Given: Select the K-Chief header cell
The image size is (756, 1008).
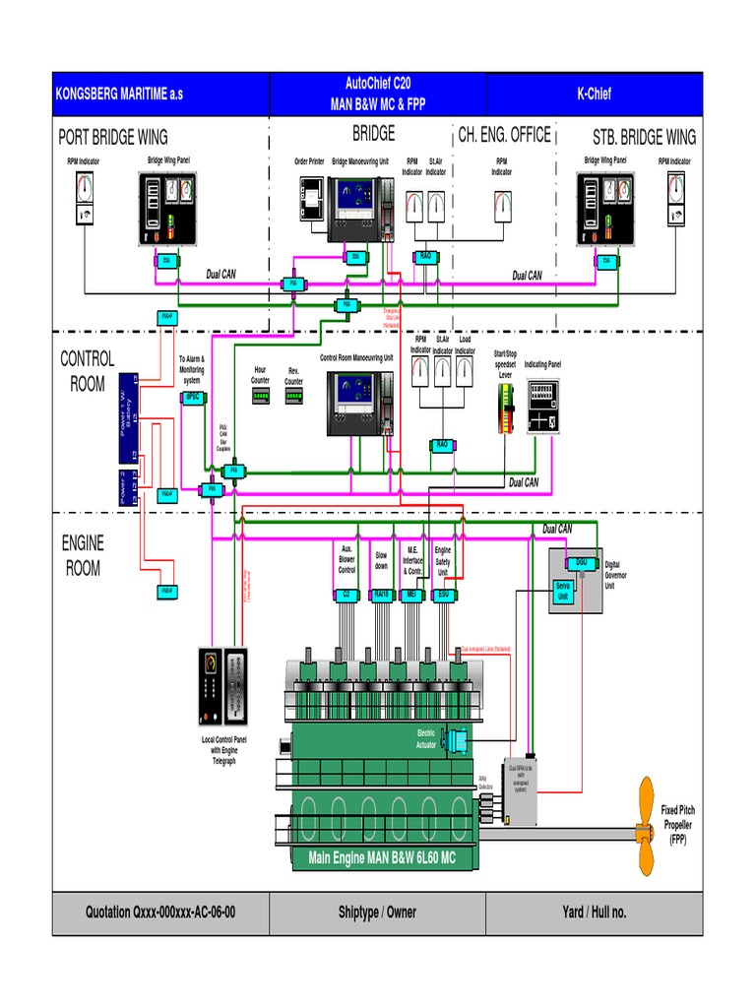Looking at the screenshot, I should point(594,94).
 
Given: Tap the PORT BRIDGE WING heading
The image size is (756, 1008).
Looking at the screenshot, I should point(113,137).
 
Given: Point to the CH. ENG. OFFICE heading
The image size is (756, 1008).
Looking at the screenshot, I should point(504,135).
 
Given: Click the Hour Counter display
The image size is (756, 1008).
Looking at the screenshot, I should point(261,397).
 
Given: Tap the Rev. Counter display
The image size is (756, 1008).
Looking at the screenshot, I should point(294,397).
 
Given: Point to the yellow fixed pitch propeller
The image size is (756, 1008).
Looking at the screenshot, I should point(646,826).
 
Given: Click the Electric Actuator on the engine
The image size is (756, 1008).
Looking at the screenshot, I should point(457,740).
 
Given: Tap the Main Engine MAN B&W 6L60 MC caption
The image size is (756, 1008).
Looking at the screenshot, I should point(382,857).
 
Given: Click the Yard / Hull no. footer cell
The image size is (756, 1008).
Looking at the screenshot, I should point(594,913).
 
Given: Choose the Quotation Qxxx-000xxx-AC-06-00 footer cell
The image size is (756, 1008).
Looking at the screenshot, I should point(159,913).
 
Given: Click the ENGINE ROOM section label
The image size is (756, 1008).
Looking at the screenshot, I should point(83,555).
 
